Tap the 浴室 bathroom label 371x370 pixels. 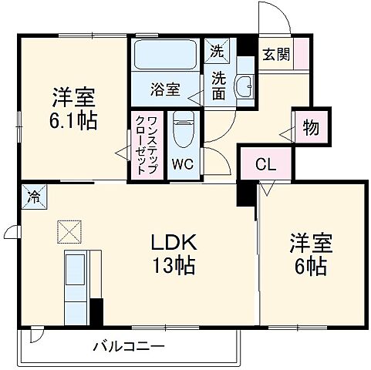click(x=165, y=88)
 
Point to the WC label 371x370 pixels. click(x=183, y=163)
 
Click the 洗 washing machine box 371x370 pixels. click(x=218, y=53)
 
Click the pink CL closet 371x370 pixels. click(x=263, y=165)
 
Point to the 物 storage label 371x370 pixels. click(x=311, y=126)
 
